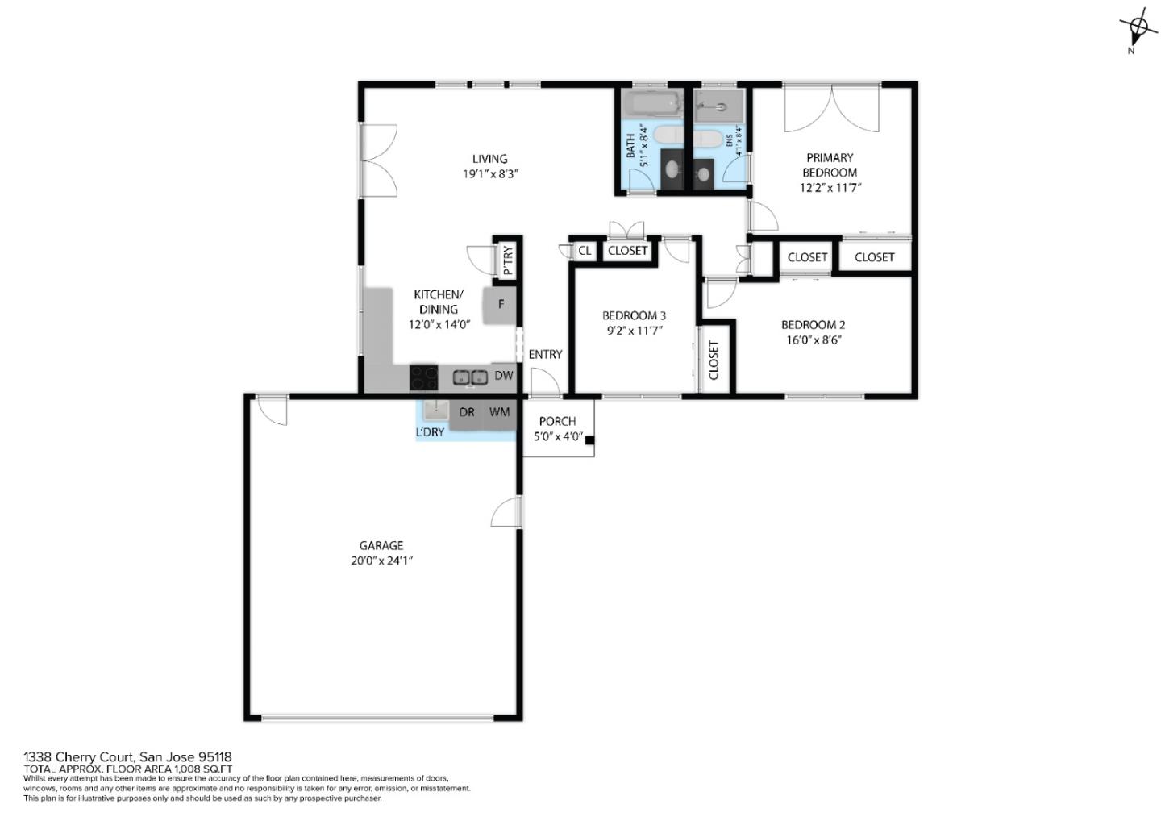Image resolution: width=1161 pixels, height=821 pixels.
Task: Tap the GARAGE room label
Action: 381,546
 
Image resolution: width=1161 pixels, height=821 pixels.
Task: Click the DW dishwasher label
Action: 503,376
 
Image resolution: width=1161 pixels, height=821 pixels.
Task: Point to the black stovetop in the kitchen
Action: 424,377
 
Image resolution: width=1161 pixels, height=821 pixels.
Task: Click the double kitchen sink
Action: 469,377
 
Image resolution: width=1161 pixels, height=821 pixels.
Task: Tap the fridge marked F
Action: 501,305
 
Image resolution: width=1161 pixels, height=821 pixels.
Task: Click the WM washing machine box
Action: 499,413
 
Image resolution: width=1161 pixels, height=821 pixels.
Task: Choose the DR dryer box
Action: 467,413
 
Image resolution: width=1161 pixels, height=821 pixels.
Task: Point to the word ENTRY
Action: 545,355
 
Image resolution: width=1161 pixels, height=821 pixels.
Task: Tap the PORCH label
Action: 557,421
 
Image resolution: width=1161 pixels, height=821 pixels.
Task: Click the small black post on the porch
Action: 589,440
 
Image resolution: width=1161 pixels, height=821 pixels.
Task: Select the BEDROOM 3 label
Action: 634,315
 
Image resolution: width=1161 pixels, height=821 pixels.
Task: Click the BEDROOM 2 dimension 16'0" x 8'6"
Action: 813,340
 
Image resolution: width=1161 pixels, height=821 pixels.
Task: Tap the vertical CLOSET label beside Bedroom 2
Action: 714,360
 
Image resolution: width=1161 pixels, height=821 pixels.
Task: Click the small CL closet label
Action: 585,251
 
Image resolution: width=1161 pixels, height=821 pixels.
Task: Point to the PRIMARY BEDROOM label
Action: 829,165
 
